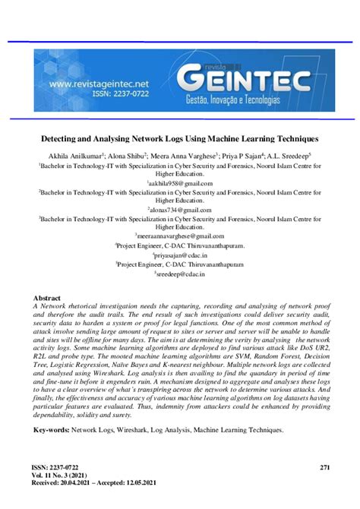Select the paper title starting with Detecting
point(179,140)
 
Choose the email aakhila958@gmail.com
point(180,184)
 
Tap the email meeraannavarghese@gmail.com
point(180,236)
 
